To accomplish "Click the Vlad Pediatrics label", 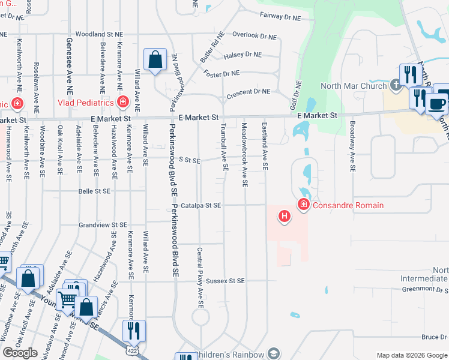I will pyautogui.click(x=85, y=103).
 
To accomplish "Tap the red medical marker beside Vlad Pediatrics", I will pyautogui.click(x=123, y=103).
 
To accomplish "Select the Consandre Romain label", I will pyautogui.click(x=348, y=206).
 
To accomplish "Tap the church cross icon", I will pyautogui.click(x=396, y=86).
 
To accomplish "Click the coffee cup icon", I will pyautogui.click(x=436, y=104).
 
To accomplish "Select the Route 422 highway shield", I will pyautogui.click(x=131, y=349).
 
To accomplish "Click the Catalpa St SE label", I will pyautogui.click(x=201, y=205).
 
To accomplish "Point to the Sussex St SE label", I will pyautogui.click(x=225, y=281).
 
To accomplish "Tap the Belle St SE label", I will pyautogui.click(x=94, y=191).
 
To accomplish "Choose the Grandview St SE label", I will pyautogui.click(x=103, y=224).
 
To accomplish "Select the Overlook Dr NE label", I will pyautogui.click(x=255, y=36).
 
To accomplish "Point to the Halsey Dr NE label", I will pyautogui.click(x=243, y=55).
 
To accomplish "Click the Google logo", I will pyautogui.click(x=20, y=353).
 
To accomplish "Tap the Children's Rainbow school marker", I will pyautogui.click(x=274, y=353).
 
